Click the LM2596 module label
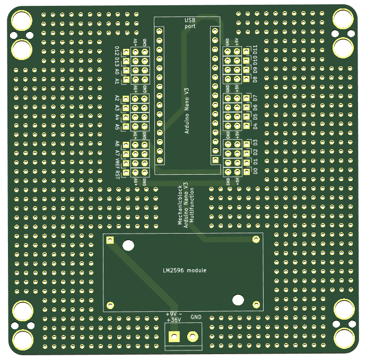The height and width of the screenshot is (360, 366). (x=185, y=271)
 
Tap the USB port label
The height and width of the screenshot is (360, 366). (x=189, y=23)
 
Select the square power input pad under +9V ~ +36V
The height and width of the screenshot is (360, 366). (x=174, y=336)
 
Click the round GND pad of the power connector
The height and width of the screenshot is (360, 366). (x=193, y=336)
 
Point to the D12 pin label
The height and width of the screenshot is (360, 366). (x=117, y=52)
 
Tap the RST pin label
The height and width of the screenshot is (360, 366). (x=117, y=173)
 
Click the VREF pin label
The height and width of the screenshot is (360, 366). (x=117, y=163)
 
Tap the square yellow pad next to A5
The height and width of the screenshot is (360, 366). (x=126, y=126)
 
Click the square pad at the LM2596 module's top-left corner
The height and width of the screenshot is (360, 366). (x=110, y=241)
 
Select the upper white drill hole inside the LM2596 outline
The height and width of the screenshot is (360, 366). (x=128, y=245)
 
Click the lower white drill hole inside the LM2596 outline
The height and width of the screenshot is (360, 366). (x=238, y=299)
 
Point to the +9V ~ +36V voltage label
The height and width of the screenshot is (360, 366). (x=174, y=316)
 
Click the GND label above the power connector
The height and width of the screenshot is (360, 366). (x=196, y=317)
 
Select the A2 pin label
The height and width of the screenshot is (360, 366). (x=117, y=98)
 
